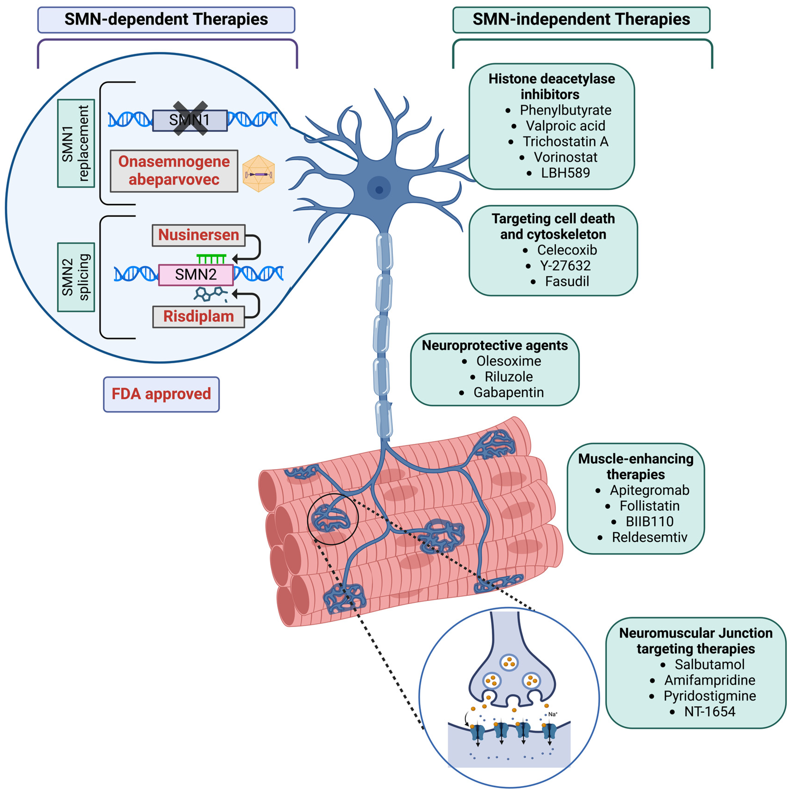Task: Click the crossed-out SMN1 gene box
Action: (190, 120)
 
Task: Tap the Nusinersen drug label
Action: (199, 235)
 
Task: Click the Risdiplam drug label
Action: (199, 316)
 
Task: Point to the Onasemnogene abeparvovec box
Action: (174, 171)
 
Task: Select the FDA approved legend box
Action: (161, 394)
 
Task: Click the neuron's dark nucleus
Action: (379, 190)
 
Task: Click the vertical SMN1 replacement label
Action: (76, 143)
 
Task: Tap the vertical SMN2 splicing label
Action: (76, 277)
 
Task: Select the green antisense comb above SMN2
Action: (211, 259)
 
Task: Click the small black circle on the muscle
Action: (333, 519)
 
